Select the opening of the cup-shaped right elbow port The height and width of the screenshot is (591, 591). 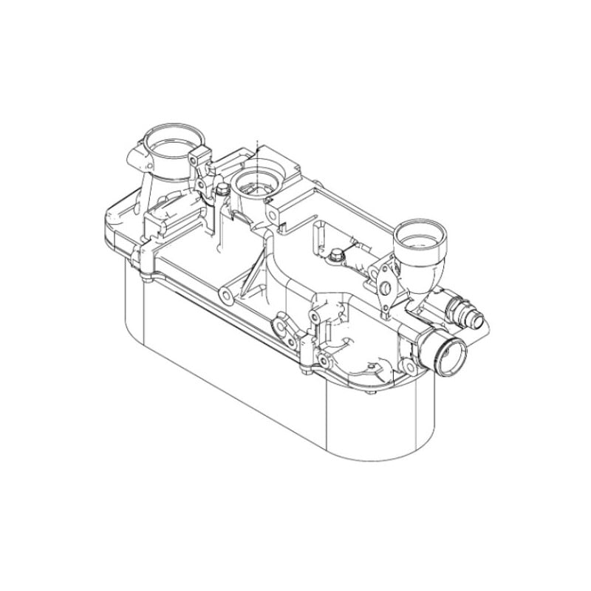[x=420, y=236]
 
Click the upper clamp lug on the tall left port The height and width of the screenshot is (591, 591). [x=197, y=158]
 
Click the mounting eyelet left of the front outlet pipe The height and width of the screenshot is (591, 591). [x=323, y=361]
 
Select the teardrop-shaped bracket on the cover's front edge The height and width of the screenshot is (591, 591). [x=283, y=325]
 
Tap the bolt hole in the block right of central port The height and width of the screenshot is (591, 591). [x=274, y=215]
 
